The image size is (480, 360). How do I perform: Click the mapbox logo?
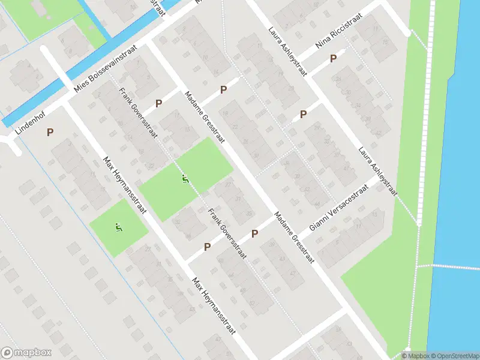[x=26, y=353]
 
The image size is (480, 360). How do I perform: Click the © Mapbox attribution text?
[x=415, y=356]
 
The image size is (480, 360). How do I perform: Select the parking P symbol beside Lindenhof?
[x=50, y=132]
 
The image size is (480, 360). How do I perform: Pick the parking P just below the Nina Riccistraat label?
[x=333, y=58]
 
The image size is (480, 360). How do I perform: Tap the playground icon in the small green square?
[x=118, y=227]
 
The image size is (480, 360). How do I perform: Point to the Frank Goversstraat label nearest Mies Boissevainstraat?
[x=139, y=113]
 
